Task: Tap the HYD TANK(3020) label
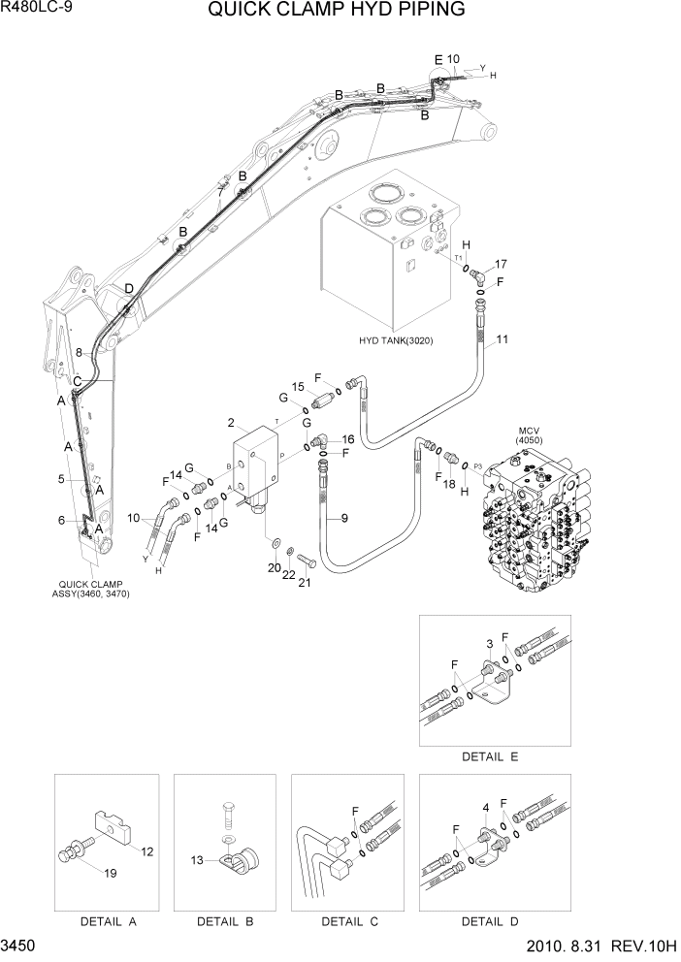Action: (x=396, y=340)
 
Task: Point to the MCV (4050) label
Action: (x=527, y=436)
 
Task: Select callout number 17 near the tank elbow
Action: (x=501, y=264)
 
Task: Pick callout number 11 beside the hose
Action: (x=503, y=339)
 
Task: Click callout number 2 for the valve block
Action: (x=231, y=422)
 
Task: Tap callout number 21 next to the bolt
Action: (x=304, y=582)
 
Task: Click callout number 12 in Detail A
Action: (x=147, y=852)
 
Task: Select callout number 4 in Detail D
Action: (x=485, y=807)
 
